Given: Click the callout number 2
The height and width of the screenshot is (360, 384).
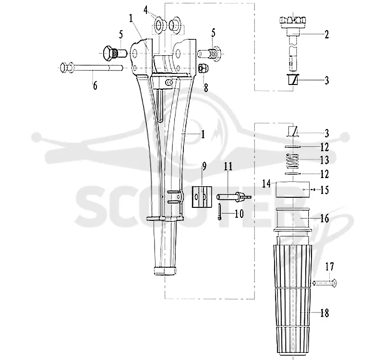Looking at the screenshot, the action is tap(326, 34).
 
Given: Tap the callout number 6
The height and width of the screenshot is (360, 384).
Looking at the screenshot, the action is tap(95, 85).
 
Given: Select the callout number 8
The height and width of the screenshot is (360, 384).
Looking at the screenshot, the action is tap(206, 88).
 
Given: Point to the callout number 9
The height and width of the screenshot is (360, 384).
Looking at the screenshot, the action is tap(204, 166).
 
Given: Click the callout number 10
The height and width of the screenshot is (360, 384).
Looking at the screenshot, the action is tap(239, 214).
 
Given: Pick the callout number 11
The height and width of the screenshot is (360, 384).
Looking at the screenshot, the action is tap(228, 166).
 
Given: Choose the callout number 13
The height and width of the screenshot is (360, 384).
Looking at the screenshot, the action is tap(324, 160).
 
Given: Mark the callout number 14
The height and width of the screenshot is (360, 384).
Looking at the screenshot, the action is tap(266, 183).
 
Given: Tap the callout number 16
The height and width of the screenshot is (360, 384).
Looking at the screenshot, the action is tap(324, 218).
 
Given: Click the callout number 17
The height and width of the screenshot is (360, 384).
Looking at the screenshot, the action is tap(329, 266).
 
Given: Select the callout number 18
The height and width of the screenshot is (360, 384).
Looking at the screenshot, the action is tap(324, 313).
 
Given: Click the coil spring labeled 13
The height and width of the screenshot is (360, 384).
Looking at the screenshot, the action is tap(293, 161).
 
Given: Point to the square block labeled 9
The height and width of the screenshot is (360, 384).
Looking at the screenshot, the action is tap(202, 197).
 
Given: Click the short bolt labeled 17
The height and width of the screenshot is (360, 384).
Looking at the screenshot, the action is tap(325, 283).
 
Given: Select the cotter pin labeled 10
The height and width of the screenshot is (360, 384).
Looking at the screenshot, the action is tap(220, 211).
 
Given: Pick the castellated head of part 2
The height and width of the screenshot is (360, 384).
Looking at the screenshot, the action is tap(293, 20).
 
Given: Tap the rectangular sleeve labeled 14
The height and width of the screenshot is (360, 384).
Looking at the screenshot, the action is tap(293, 189).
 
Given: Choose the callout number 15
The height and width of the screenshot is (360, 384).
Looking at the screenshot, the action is tap(324, 190).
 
